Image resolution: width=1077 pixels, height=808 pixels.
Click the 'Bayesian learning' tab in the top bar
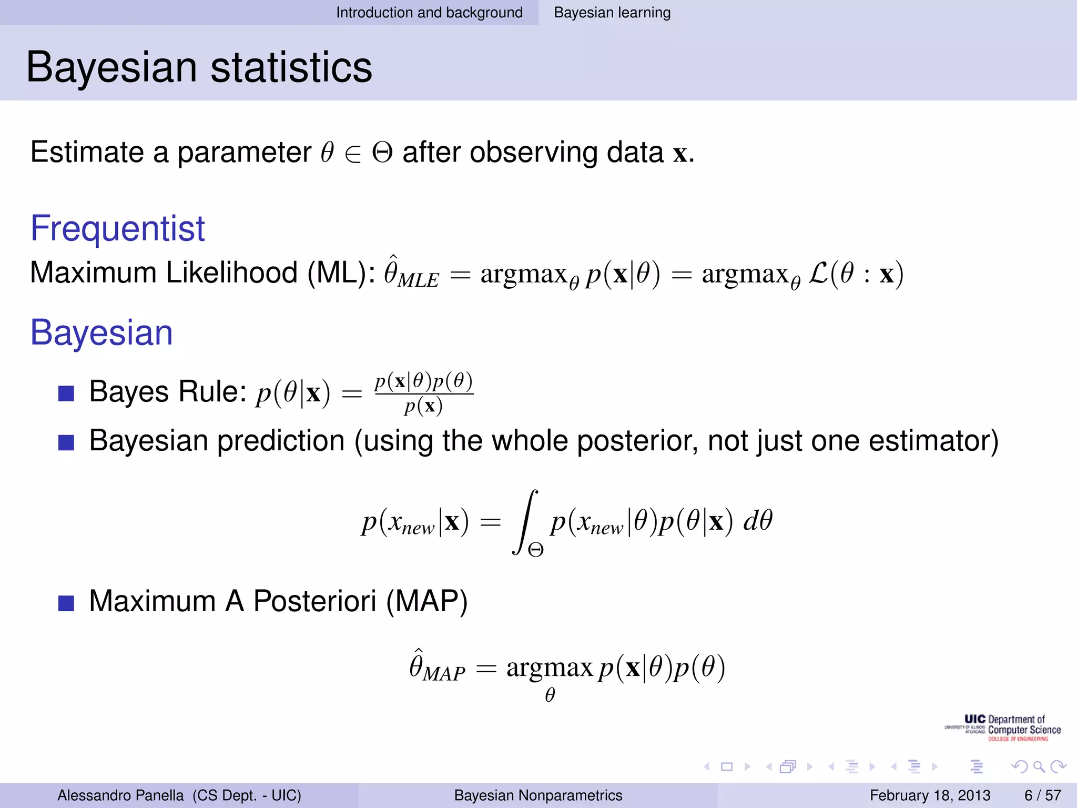click(x=612, y=13)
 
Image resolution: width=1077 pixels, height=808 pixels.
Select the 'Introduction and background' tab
click(x=429, y=13)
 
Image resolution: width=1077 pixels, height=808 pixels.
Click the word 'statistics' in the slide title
click(x=291, y=68)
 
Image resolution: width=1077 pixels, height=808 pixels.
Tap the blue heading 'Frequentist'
click(x=117, y=229)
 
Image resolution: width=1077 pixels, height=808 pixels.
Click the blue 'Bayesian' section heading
click(x=101, y=333)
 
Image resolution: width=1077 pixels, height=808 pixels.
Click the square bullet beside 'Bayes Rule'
click(x=66, y=393)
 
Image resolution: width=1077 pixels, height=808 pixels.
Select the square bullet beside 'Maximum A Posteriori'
click(x=66, y=603)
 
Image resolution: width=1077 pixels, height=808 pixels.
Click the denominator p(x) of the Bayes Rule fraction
click(x=423, y=406)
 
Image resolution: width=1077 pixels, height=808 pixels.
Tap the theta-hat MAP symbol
click(x=436, y=667)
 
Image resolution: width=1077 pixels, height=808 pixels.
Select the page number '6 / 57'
click(x=1042, y=795)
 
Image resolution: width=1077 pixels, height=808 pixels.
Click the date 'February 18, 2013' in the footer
click(x=930, y=795)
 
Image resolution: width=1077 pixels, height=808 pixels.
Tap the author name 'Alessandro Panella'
click(x=120, y=795)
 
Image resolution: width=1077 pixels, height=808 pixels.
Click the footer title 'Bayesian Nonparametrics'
click(x=538, y=795)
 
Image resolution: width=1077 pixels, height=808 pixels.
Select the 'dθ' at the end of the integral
click(x=757, y=521)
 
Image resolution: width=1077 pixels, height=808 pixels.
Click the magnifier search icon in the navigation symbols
click(x=1039, y=766)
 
